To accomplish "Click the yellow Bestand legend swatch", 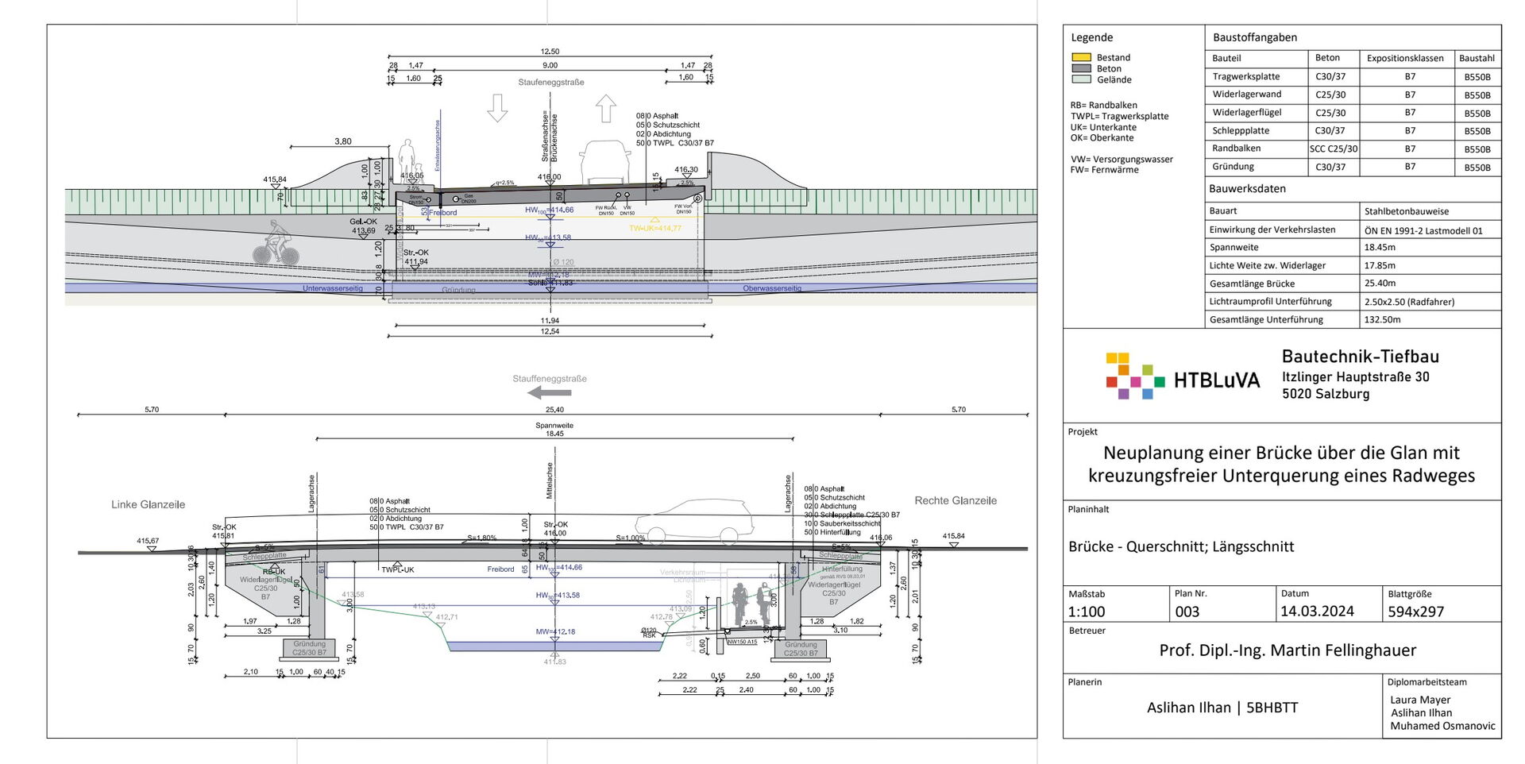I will click(x=1081, y=57).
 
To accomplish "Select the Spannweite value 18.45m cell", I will click(x=1380, y=248).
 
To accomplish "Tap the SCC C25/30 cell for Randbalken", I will click(x=1334, y=149).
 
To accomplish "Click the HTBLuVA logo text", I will click(x=1217, y=380).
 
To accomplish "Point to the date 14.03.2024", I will click(x=1317, y=612).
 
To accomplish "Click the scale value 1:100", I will click(x=1087, y=612).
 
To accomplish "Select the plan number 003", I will click(x=1187, y=612).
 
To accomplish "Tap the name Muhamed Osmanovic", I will click(x=1442, y=726).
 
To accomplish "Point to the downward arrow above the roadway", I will click(x=497, y=108).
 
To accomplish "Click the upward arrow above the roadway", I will click(x=606, y=108).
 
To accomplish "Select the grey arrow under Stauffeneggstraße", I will click(x=550, y=392).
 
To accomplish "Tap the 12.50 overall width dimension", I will click(x=550, y=52).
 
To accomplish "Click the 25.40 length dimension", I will click(x=554, y=410).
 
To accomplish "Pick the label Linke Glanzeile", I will click(x=148, y=504).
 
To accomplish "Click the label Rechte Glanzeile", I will click(x=956, y=500).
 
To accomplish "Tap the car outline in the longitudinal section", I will click(x=693, y=521).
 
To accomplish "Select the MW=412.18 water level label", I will click(x=555, y=632).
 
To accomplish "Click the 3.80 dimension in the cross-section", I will click(x=342, y=141).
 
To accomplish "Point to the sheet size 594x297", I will click(x=1415, y=612).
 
